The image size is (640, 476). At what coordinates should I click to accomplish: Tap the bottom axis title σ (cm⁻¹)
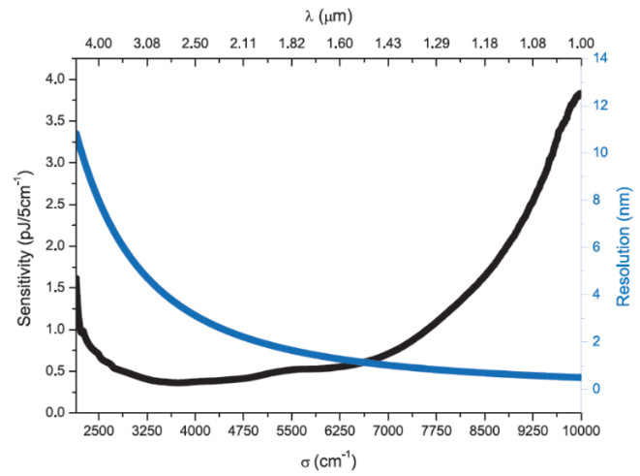coord(329,459)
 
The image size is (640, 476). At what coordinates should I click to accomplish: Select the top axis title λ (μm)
coord(329,14)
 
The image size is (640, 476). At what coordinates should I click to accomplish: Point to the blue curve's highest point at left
coord(76,132)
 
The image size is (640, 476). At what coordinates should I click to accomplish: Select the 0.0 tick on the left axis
coord(53,413)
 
